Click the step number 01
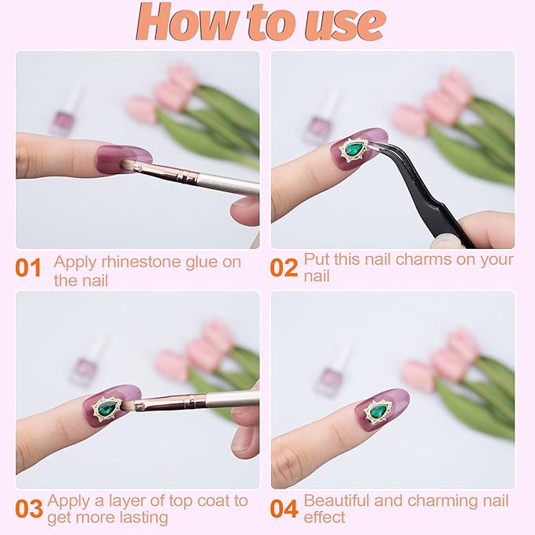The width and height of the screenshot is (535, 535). pos(28,268)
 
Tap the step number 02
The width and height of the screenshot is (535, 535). pos(284,268)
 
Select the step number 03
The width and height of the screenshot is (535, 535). pos(29,509)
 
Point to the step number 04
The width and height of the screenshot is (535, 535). pos(284,509)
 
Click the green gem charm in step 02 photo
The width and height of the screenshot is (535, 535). pos(354,150)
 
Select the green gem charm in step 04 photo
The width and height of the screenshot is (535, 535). pos(377,411)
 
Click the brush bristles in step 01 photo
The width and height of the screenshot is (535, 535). pos(127,165)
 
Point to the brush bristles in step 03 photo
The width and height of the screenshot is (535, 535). pos(130,405)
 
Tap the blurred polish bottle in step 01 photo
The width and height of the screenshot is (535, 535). pos(64,116)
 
